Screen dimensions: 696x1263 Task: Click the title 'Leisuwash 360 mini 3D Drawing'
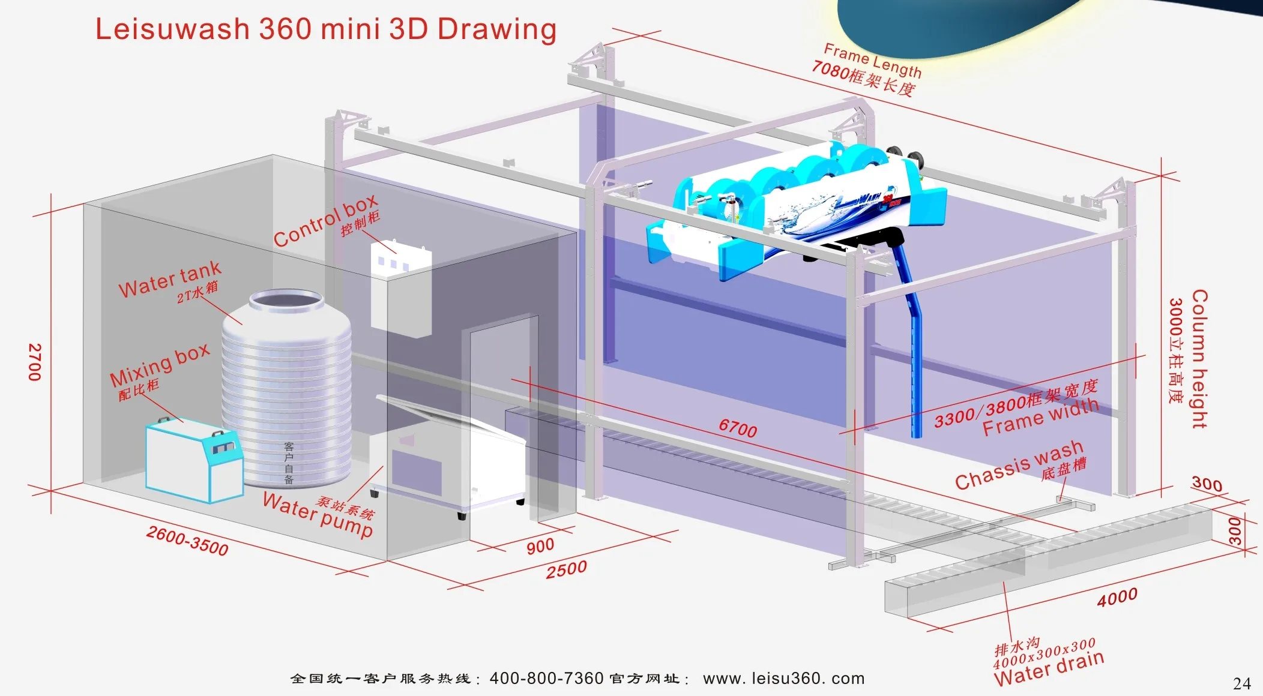pyautogui.click(x=326, y=29)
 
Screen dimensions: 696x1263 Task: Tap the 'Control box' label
pyautogui.click(x=325, y=220)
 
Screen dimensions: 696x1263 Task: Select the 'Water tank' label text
pyautogui.click(x=170, y=279)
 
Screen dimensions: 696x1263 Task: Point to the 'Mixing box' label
pyautogui.click(x=160, y=365)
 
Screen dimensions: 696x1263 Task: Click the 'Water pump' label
pyautogui.click(x=318, y=514)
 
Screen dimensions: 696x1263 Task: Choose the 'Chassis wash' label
pyautogui.click(x=1019, y=465)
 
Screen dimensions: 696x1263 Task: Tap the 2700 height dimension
pyautogui.click(x=35, y=362)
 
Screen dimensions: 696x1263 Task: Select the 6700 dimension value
pyautogui.click(x=738, y=428)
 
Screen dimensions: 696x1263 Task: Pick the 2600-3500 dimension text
pyautogui.click(x=187, y=541)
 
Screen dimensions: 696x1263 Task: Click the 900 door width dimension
pyautogui.click(x=540, y=546)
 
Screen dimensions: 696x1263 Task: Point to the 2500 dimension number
pyautogui.click(x=566, y=569)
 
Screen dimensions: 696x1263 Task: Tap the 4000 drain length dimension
pyautogui.click(x=1117, y=597)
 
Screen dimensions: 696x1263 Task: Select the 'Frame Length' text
pyautogui.click(x=872, y=61)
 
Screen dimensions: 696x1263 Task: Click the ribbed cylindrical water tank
pyautogui.click(x=286, y=390)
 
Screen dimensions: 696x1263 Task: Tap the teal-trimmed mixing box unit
pyautogui.click(x=194, y=459)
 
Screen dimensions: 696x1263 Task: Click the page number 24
pyautogui.click(x=1242, y=683)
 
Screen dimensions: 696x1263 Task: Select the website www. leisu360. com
pyautogui.click(x=783, y=679)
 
